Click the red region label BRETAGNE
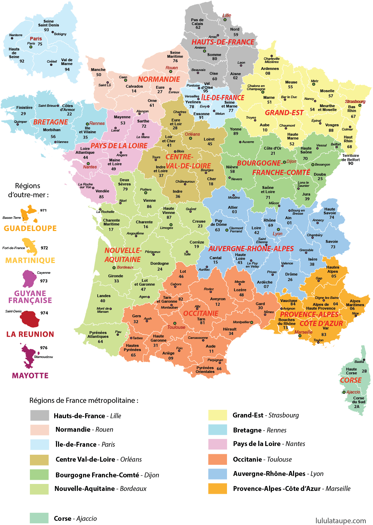coord(50,122)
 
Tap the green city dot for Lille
coord(225,20)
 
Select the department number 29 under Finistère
coord(23,114)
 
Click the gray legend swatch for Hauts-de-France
coord(40,415)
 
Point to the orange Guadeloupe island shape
coord(29,213)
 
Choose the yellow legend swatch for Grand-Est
coord(218,415)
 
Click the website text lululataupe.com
coord(340,520)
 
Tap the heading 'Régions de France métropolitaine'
coord(84,400)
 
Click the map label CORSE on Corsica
coord(350,380)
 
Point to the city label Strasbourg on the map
coord(355,102)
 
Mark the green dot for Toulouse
coord(175,323)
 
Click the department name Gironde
coord(115,276)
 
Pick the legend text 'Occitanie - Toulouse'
coord(262,459)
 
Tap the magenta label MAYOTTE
coord(30,376)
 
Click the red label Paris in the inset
coord(36,39)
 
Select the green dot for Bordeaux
coord(114,268)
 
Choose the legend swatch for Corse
coord(39,518)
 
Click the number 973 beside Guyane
coord(44,281)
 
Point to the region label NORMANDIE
coord(159,79)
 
